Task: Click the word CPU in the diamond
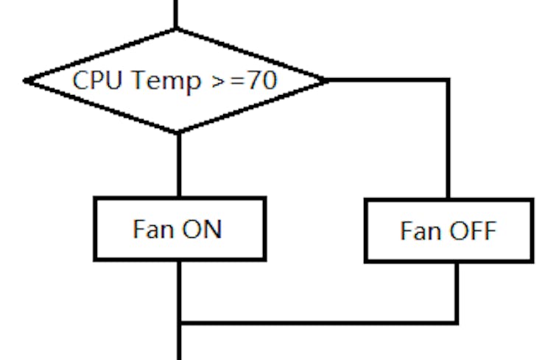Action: point(93,80)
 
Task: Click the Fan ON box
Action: point(179,228)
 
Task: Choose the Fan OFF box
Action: point(449,230)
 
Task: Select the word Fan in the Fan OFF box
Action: point(421,231)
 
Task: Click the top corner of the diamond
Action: point(177,29)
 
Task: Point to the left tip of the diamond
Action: point(26,80)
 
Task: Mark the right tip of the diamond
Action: point(327,80)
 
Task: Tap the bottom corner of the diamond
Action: point(177,133)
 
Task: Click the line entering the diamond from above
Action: point(177,13)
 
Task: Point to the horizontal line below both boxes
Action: point(317,322)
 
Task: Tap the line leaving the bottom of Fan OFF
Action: point(457,291)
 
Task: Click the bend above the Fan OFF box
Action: point(447,80)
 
